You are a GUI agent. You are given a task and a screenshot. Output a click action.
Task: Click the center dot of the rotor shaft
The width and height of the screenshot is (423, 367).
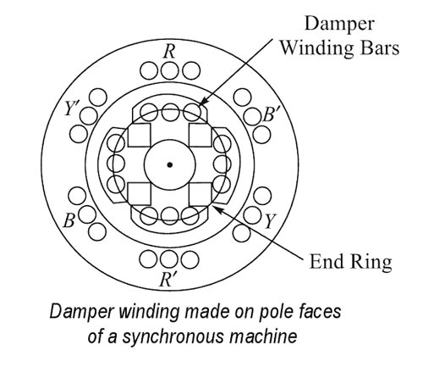click(x=169, y=164)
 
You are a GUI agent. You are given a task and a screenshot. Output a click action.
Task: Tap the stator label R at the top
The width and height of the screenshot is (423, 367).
click(x=169, y=52)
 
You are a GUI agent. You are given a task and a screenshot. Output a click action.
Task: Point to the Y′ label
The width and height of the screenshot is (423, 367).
click(x=71, y=108)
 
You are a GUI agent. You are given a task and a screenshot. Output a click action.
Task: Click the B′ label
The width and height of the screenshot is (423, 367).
click(x=269, y=114)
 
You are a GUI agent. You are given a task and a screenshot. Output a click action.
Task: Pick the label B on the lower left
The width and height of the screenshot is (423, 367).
click(x=69, y=220)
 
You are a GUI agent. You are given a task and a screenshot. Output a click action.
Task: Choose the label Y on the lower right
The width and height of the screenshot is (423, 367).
click(x=270, y=221)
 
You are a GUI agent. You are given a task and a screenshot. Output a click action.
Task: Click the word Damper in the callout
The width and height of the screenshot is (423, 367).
click(x=339, y=25)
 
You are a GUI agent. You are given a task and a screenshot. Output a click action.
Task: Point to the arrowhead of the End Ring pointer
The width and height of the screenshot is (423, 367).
click(x=217, y=209)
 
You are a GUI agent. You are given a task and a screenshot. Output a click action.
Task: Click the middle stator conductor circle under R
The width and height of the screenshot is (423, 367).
click(x=170, y=70)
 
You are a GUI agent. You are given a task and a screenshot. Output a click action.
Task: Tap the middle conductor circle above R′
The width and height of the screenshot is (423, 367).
click(x=169, y=259)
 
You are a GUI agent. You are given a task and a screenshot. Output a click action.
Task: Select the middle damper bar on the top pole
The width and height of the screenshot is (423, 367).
click(x=170, y=112)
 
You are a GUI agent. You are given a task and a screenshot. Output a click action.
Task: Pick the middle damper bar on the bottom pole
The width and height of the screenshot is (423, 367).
click(x=169, y=215)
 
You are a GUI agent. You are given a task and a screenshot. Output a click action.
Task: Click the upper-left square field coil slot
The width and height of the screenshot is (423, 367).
click(x=139, y=135)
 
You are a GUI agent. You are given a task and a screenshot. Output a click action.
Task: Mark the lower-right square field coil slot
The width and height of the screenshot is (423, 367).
click(x=200, y=194)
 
